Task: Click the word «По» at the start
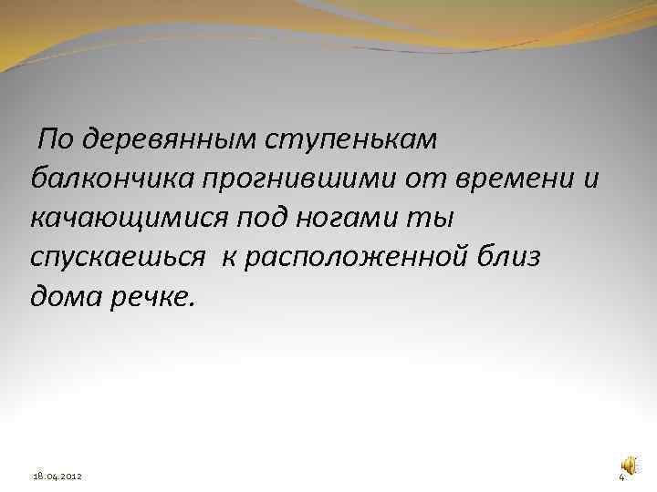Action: click(x=56, y=139)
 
